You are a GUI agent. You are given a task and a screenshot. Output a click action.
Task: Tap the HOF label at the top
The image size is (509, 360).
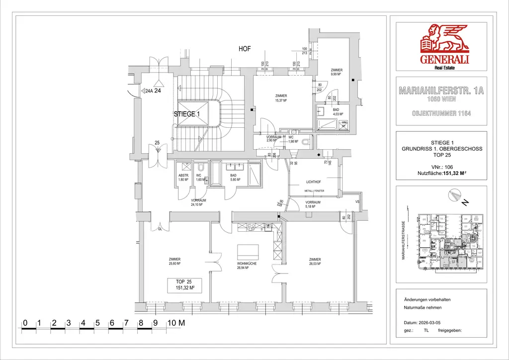(x=245, y=49)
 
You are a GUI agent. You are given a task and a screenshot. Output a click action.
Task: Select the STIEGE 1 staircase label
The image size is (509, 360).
(x=187, y=114)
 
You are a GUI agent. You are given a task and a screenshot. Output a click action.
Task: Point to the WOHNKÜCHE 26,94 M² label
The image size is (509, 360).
(x=247, y=266)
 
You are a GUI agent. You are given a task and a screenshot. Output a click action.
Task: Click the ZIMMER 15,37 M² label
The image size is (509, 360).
(x=281, y=98)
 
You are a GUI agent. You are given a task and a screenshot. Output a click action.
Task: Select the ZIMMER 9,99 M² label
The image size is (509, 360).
(x=337, y=72)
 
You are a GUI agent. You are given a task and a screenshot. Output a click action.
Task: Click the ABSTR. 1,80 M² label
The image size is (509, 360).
(x=184, y=178)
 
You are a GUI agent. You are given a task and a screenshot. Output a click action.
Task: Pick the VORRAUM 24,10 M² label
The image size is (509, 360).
(x=198, y=202)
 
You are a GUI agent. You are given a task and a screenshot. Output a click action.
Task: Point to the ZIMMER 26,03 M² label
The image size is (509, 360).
(x=315, y=262)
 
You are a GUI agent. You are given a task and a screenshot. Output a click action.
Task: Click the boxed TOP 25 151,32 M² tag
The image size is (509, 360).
(x=184, y=285)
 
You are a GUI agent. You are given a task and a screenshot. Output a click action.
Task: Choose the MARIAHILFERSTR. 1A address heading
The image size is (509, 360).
(x=441, y=91)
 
